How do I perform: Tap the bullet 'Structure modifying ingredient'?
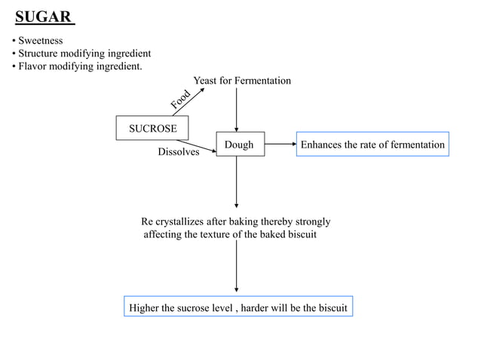pos(84,54)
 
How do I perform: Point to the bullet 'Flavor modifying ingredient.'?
pos(79,67)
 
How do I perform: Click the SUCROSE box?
pos(152,128)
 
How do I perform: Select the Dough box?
pos(240,145)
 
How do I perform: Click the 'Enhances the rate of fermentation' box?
pos(372,145)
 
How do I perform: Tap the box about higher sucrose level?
pos(237,308)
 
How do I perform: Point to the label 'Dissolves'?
pos(178,152)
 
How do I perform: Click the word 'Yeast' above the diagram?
pos(207,81)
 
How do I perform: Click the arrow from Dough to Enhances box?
pos(280,145)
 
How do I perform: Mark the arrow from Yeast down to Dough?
pos(237,109)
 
